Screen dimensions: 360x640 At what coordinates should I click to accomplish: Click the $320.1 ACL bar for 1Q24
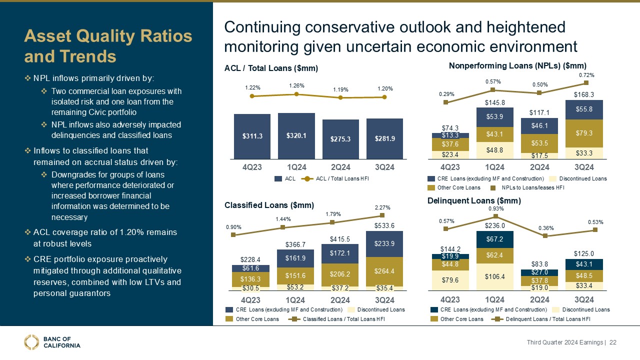point(296,134)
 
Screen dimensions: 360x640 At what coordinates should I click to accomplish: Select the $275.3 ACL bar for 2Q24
point(340,138)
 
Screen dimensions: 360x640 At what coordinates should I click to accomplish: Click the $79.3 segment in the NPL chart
point(584,133)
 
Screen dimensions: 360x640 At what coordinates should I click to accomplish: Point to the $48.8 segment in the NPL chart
point(494,149)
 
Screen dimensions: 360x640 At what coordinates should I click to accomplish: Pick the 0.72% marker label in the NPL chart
point(586,75)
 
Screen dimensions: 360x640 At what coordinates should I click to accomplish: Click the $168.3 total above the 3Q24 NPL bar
point(584,93)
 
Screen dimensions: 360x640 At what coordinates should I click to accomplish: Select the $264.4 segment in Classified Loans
point(384,271)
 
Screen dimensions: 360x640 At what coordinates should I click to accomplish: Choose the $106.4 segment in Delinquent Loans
point(494,276)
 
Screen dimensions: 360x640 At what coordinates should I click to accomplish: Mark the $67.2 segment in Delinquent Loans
point(494,238)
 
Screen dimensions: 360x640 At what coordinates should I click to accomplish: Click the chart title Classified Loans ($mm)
point(269,205)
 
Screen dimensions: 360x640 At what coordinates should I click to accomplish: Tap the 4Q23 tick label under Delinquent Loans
point(450,299)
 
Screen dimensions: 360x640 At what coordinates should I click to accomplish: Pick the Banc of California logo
point(52,342)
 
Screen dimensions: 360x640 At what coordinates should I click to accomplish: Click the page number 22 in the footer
point(612,342)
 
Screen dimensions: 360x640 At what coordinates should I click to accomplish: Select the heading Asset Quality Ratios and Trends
point(108,45)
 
